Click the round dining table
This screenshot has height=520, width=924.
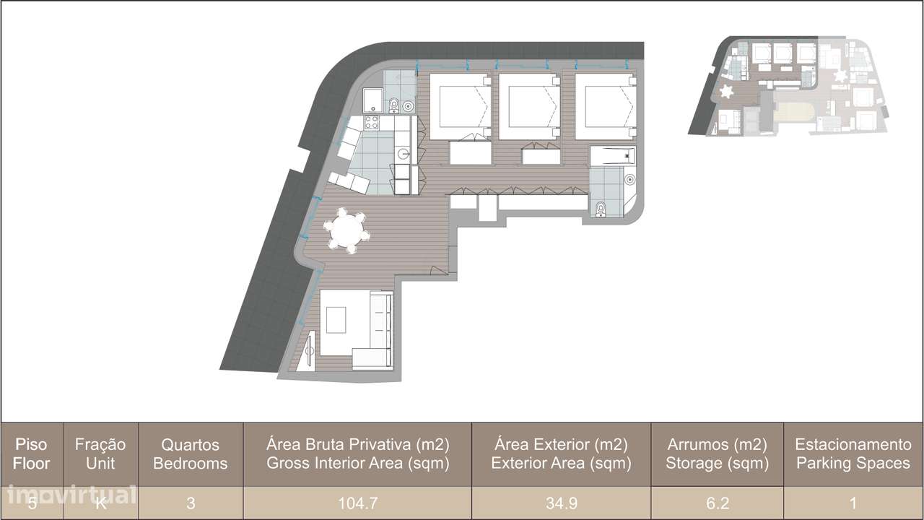(348, 231)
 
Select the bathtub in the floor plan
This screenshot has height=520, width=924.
(611, 155)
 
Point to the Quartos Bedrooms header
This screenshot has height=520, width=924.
(191, 454)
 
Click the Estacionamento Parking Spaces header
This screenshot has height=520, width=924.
(853, 454)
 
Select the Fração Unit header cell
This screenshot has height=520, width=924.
(100, 454)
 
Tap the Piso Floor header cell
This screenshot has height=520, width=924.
(32, 454)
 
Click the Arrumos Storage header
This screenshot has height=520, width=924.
(716, 454)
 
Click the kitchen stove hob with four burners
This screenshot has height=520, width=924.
(372, 123)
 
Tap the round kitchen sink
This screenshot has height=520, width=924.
(404, 153)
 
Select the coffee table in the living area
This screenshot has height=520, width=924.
(336, 319)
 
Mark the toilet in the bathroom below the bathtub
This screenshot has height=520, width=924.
(601, 209)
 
